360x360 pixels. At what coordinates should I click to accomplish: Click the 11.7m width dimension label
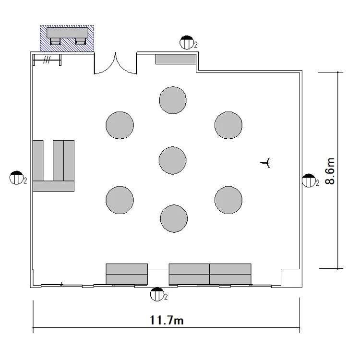pyautogui.click(x=167, y=320)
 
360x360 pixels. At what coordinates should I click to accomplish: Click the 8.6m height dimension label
pyautogui.click(x=330, y=171)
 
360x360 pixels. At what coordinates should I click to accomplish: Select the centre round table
pyautogui.click(x=172, y=160)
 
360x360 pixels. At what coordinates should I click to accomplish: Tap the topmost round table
pyautogui.click(x=173, y=100)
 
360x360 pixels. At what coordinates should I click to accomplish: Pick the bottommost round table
pyautogui.click(x=174, y=218)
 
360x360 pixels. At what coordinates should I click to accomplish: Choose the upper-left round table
pyautogui.click(x=120, y=125)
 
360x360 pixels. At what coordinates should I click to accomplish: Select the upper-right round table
pyautogui.click(x=228, y=125)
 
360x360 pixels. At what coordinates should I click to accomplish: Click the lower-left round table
pyautogui.click(x=120, y=200)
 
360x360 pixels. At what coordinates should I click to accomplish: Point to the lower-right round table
pyautogui.click(x=228, y=200)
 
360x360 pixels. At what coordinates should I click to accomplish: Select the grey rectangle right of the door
pyautogui.click(x=176, y=59)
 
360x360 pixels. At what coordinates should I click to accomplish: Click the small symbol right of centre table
pyautogui.click(x=265, y=163)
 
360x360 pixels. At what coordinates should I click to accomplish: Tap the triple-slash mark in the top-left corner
pyautogui.click(x=47, y=60)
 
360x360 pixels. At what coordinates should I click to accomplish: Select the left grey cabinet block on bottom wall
pyautogui.click(x=127, y=274)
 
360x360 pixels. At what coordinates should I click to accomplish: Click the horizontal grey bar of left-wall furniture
pyautogui.click(x=53, y=186)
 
